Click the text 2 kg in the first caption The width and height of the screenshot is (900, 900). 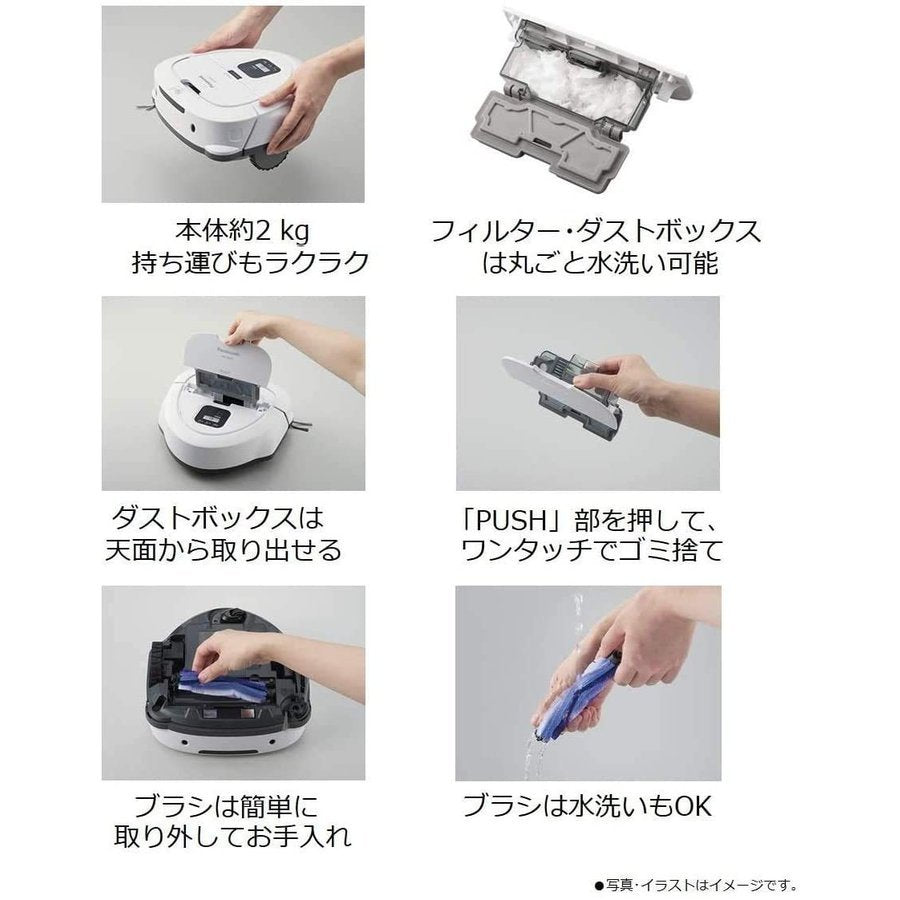[282, 231]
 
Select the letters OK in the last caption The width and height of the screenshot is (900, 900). [692, 806]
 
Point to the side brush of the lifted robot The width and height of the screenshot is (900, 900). [147, 106]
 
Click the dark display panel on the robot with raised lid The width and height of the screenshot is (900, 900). [214, 415]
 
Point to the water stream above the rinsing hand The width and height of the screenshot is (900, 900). [577, 617]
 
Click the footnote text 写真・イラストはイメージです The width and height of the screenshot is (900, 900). [695, 885]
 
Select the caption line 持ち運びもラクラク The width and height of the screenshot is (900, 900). [250, 262]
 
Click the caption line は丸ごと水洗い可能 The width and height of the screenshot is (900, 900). [600, 263]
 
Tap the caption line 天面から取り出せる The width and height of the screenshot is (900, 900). [223, 550]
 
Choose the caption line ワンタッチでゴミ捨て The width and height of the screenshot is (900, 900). [592, 550]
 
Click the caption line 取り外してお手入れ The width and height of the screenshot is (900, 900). [232, 836]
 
